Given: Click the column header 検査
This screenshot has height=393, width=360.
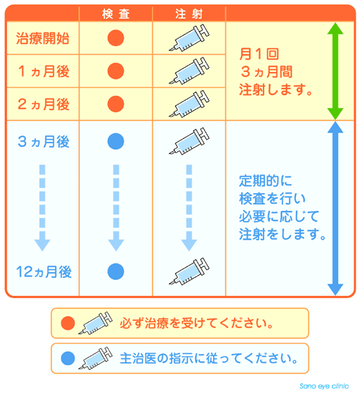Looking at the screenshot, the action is coord(116,14).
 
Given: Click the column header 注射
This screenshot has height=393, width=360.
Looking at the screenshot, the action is coord(189,14).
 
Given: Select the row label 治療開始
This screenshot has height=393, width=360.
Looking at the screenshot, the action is coord(42,38).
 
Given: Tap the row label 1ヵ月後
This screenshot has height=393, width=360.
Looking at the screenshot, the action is coord(44,71).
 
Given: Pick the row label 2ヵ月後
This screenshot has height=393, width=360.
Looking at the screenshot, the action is coord(44,104).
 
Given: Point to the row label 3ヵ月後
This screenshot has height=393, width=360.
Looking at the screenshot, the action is coord(44,142).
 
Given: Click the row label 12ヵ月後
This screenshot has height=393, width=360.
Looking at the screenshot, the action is coord(44,271).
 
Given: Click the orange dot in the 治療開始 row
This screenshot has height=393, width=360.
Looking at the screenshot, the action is coord(116,38).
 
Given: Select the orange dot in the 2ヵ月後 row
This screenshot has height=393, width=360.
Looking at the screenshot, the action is coord(116,104).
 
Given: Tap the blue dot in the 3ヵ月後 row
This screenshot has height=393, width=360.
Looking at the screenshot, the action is coord(116,141).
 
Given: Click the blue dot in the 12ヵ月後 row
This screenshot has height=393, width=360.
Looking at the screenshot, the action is coord(116,271).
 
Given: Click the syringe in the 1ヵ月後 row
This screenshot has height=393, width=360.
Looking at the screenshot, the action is coord(189,71).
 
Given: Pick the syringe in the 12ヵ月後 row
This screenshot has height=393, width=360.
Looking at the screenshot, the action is coord(189,271).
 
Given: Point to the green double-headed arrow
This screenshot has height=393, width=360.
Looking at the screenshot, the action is coord(336,71).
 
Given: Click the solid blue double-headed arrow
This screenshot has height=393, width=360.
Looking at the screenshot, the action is coord(336,209).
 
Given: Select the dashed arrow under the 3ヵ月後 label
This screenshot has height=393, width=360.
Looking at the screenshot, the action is coord(42,208).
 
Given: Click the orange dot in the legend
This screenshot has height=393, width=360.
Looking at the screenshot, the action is coord(68,323).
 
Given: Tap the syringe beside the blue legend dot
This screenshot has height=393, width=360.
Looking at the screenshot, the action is coord(95,358).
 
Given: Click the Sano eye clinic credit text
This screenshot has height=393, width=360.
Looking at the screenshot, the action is coord(324,387).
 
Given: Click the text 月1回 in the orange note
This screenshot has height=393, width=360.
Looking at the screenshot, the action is coord(259,54).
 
